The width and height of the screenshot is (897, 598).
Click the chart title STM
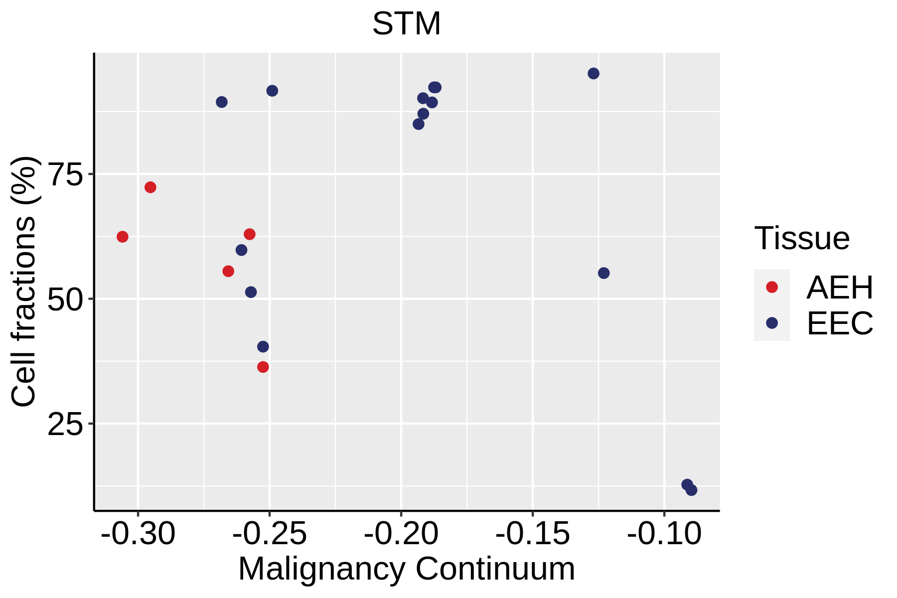point(407,24)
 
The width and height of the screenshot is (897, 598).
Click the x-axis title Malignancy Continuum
point(407,569)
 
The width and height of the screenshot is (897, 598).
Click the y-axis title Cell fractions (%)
point(23,282)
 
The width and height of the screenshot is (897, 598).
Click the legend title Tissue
point(802,238)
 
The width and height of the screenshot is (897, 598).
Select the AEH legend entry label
point(840,288)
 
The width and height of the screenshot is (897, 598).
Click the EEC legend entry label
point(840,323)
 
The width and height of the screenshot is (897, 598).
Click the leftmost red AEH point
point(123,237)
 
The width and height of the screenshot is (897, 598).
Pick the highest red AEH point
point(150,187)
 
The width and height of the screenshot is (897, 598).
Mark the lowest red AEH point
point(263,367)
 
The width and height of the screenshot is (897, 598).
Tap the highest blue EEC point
point(594,74)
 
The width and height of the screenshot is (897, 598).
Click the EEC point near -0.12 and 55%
point(604,273)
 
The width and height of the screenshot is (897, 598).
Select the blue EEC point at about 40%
point(263,347)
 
